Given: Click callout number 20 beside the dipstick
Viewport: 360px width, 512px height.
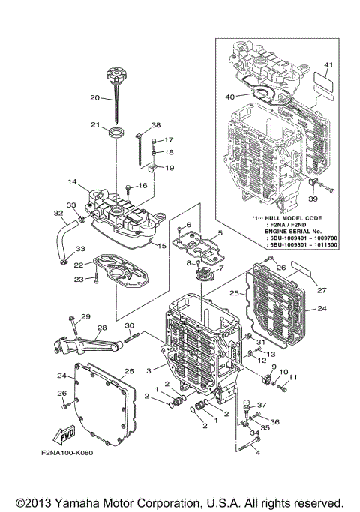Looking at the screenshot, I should (x=95, y=98).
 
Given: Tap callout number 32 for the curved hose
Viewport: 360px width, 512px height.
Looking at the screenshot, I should (x=58, y=214).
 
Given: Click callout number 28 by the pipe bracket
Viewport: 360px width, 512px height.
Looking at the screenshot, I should (x=100, y=328).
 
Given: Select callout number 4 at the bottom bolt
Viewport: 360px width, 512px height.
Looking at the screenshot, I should (x=258, y=452).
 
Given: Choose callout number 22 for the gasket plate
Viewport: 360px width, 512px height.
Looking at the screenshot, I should (x=78, y=265).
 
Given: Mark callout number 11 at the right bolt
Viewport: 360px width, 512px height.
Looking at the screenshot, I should (x=294, y=377).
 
